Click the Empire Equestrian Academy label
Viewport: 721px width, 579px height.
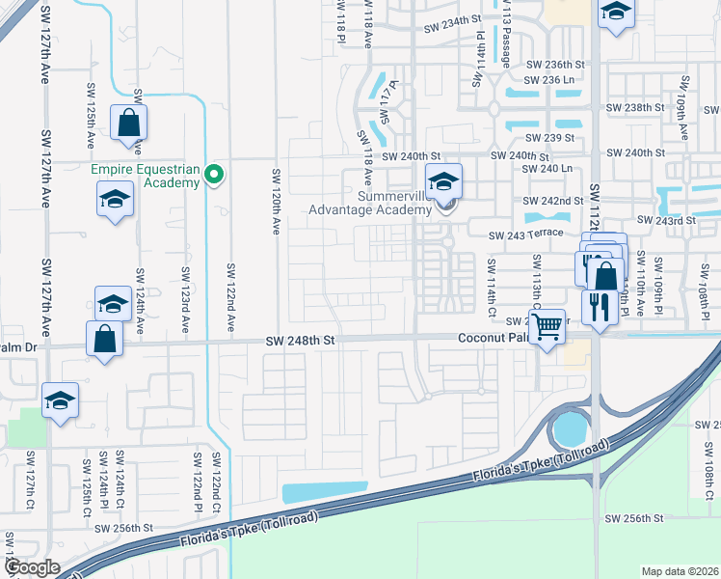[x=146, y=175]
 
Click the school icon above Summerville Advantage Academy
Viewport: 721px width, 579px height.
[x=443, y=180]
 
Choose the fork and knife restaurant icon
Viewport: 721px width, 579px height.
[x=600, y=308]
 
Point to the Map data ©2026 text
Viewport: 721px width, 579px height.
[x=679, y=571]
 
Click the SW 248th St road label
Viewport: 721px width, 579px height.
[x=300, y=341]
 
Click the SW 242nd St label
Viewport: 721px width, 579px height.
[x=554, y=201]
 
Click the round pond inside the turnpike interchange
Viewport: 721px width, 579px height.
[x=570, y=426]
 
